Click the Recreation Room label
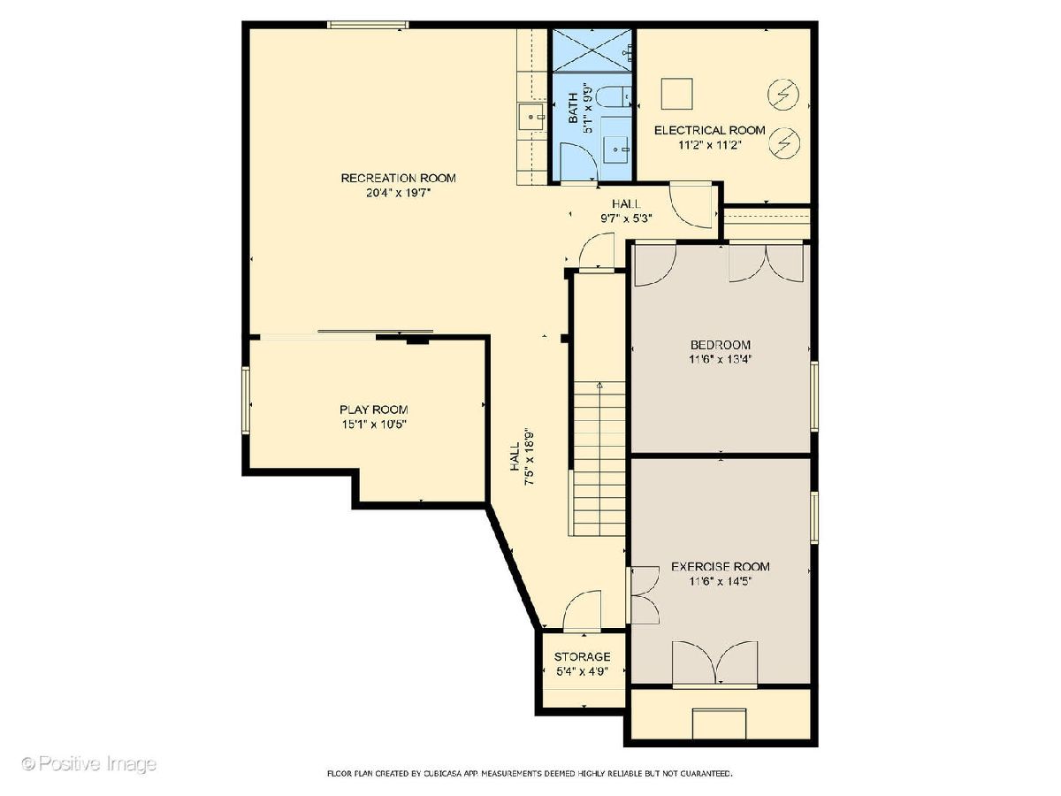pos(398,178)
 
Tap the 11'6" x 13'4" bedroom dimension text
pos(721,359)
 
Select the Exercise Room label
pos(721,566)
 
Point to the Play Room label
pos(374,409)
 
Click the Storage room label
pos(582,657)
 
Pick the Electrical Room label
pos(710,130)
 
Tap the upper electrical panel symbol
pos(783,95)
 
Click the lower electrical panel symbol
pos(783,142)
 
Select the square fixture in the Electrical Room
pos(676,94)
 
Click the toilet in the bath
pos(613,96)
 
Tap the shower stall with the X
pos(592,50)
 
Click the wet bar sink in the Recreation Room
pos(532,117)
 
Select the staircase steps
pos(599,459)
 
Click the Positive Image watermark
pos(89,764)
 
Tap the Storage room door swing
pos(583,610)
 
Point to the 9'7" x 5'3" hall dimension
pos(626,218)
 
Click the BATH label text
pos(573,108)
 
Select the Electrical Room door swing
pos(691,205)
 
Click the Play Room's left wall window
pos(246,400)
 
